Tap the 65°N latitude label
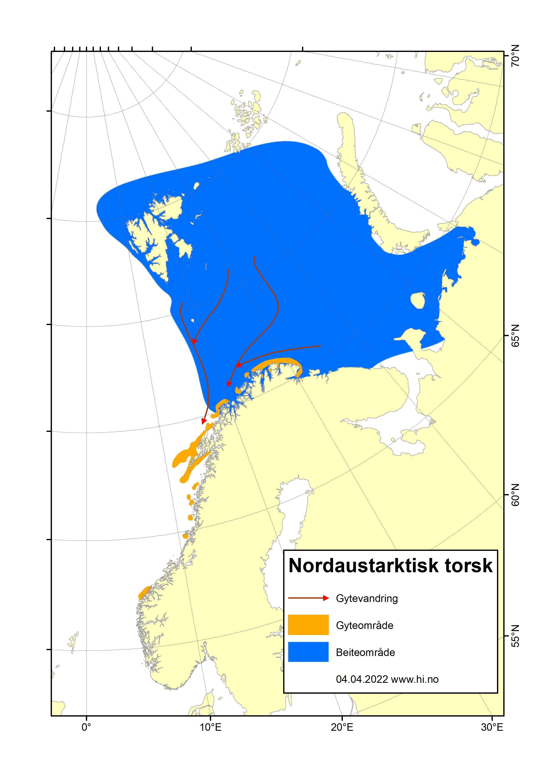click(x=515, y=336)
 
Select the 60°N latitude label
click(x=515, y=495)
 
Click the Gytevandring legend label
click(x=367, y=598)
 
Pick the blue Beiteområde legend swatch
click(x=308, y=652)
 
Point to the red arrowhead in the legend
click(x=326, y=598)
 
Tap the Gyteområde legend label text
click(x=365, y=625)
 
